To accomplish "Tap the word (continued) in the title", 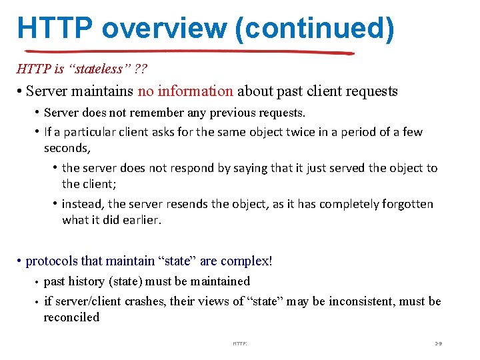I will pyautogui.click(x=319, y=28).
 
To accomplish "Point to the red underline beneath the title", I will pyautogui.click(x=187, y=52).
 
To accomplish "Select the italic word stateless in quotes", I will pyautogui.click(x=84, y=69).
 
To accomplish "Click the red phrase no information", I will pyautogui.click(x=185, y=91).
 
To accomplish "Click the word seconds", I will pyautogui.click(x=66, y=147).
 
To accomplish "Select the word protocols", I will pyautogui.click(x=53, y=261).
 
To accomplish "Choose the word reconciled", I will pyautogui.click(x=71, y=317).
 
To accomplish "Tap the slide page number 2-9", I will pyautogui.click(x=438, y=343).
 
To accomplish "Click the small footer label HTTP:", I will pyautogui.click(x=240, y=343).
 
